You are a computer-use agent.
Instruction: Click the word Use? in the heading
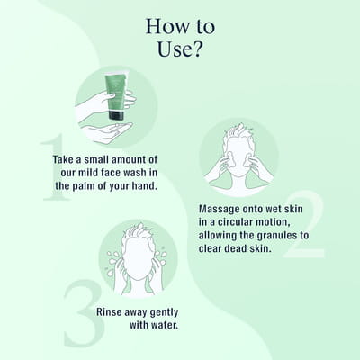point(179,49)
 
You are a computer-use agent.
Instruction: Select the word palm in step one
point(84,186)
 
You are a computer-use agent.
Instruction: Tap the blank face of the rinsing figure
point(137,258)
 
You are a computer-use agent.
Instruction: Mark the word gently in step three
point(164,312)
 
